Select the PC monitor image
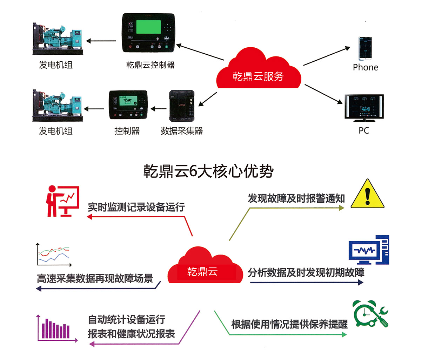pos(364,108)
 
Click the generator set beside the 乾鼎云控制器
pos(58,39)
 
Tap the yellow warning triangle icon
pos(367,194)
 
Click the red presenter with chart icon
pos(62,201)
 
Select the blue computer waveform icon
pos(369,250)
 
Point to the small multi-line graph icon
pos(54,254)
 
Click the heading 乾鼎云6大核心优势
pos(208,171)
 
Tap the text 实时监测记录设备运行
pos(136,207)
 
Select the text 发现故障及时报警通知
pos(296,198)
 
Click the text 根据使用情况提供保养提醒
pos(289,324)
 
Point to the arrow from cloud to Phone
pos(326,56)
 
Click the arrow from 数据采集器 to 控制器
pos(159,109)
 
